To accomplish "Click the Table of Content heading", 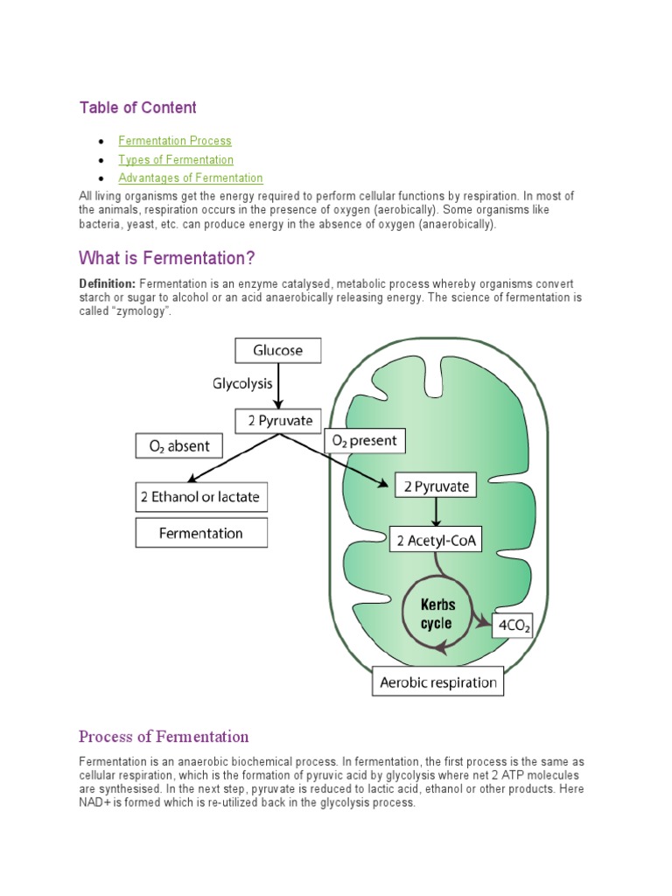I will coord(137,108).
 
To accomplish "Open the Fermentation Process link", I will coord(175,141).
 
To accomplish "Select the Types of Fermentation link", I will coord(176,160).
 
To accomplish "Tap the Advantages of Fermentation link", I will coord(191,178).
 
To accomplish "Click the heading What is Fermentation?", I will coord(166,258).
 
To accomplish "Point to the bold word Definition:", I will coord(107,284).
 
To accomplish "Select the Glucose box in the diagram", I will coord(278,351).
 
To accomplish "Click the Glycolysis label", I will coord(242,383).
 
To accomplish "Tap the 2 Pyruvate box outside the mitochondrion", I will coord(278,421).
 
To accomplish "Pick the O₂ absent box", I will coord(178,446).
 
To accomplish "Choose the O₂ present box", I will coord(361,441).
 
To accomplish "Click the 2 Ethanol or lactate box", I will coord(200,497).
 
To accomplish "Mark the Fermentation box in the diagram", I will coord(201,533).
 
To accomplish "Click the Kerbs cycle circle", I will coord(436,614).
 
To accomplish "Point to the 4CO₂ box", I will coord(514,626).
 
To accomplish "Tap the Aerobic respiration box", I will coord(438,682).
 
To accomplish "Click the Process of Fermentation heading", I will coord(164,736).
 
